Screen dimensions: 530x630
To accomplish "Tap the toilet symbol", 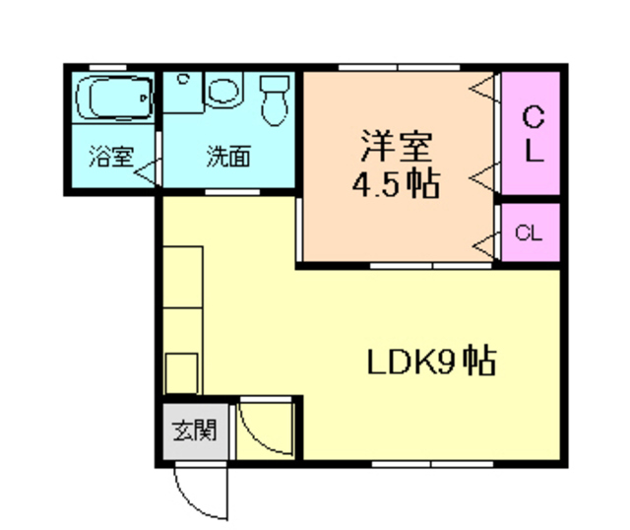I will click(x=272, y=99).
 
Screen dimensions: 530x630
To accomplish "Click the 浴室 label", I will click(x=109, y=156).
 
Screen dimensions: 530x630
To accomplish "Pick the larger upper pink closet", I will click(x=531, y=134).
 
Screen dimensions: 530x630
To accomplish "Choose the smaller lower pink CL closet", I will click(x=530, y=232).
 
